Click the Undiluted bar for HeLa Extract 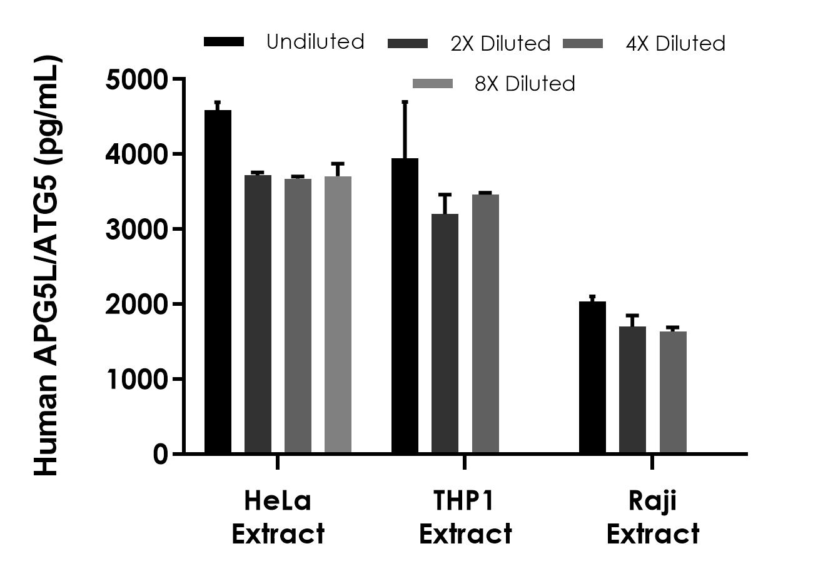click(218, 281)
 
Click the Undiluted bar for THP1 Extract click(405, 306)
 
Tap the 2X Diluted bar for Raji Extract click(632, 390)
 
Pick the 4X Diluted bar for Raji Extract click(673, 393)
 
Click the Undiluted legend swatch click(224, 42)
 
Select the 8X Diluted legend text click(525, 84)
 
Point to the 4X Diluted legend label click(675, 44)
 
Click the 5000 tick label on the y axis click(138, 79)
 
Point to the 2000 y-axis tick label click(138, 305)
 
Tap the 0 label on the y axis click(160, 454)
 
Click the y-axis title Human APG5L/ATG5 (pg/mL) click(48, 266)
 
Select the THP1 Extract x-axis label click(465, 518)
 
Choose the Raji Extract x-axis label click(652, 518)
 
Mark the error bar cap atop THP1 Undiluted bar click(405, 101)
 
